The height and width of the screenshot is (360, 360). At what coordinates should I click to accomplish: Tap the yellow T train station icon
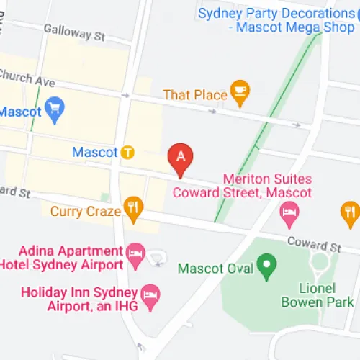pyautogui.click(x=127, y=152)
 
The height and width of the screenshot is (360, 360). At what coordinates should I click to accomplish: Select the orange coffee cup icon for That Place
pyautogui.click(x=238, y=93)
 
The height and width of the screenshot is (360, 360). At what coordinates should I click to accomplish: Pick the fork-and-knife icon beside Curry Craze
pyautogui.click(x=133, y=210)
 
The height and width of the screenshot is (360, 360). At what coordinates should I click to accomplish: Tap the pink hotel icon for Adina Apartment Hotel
pyautogui.click(x=135, y=253)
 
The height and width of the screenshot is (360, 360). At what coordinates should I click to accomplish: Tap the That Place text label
pyautogui.click(x=195, y=94)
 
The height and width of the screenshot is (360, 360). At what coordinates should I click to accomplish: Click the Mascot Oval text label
pyautogui.click(x=215, y=269)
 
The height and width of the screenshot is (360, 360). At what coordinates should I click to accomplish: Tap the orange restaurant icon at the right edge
pyautogui.click(x=349, y=211)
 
